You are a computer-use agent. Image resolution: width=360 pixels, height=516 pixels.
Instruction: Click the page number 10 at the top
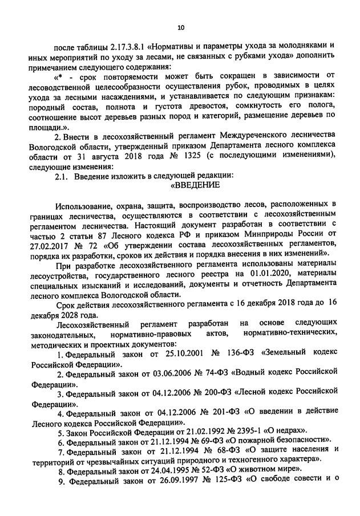[181, 26]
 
